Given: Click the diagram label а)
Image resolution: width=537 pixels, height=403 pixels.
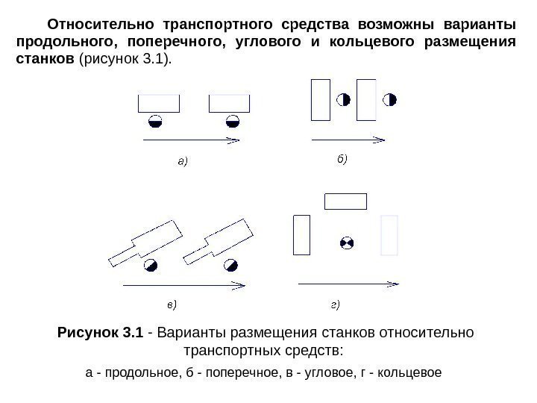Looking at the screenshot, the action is coord(181,160).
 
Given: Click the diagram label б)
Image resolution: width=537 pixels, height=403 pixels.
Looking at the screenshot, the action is coord(339,159).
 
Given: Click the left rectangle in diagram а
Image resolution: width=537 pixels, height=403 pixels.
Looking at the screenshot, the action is coord(159,103).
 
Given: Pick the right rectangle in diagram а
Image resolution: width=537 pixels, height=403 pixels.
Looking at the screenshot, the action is coord(230,103).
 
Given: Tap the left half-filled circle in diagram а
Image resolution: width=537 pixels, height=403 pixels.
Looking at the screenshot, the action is coord(154,121).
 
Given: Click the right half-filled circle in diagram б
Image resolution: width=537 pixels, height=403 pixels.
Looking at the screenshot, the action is coord(389,99).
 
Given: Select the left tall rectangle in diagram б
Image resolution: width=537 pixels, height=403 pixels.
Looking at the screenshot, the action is coord(320,99).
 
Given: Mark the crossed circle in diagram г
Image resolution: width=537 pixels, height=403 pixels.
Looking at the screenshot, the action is coord(345,243).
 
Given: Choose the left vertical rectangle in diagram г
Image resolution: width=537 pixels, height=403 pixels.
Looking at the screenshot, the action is coord(302,234).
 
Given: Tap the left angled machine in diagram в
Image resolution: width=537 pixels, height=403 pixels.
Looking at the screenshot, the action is coord(145,242).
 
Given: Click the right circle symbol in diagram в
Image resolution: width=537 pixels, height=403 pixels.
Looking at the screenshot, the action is coord(232,264).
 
